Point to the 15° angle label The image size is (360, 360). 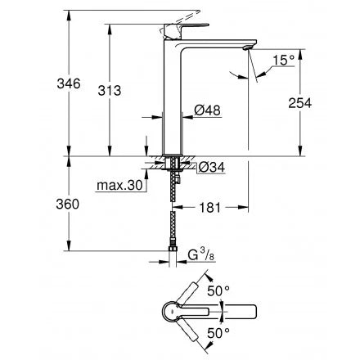pyautogui.click(x=284, y=61)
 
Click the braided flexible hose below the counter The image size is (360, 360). pyautogui.click(x=173, y=213)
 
